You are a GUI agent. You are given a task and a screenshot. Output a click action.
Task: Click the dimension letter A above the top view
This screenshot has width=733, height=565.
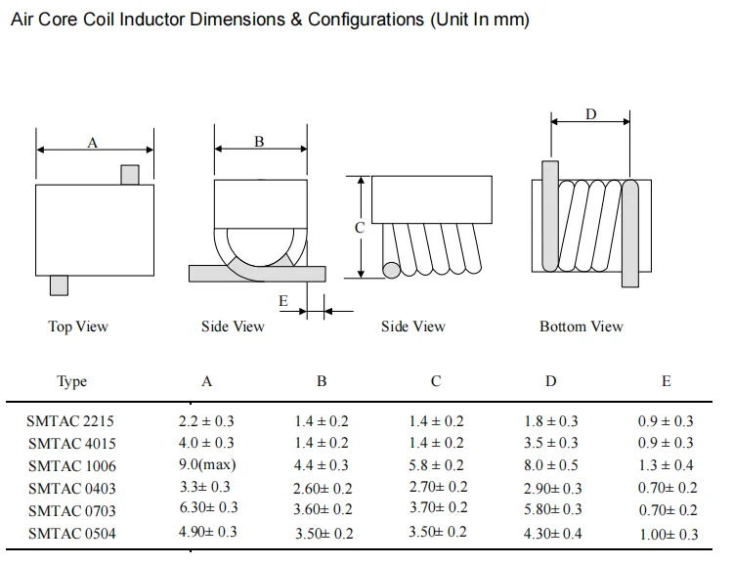(x=93, y=143)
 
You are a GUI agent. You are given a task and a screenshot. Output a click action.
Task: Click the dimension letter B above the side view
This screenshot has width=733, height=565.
(x=259, y=142)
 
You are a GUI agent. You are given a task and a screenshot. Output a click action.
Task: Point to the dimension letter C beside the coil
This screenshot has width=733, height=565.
(x=360, y=227)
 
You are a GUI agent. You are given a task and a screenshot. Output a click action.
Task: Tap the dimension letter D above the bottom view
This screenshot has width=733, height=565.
(x=590, y=114)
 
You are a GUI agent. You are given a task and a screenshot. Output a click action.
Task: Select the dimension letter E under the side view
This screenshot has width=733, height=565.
(x=283, y=301)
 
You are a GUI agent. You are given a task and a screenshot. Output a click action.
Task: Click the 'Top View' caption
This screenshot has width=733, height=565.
(x=78, y=326)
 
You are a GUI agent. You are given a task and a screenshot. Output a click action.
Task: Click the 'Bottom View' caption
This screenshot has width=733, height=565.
(x=581, y=326)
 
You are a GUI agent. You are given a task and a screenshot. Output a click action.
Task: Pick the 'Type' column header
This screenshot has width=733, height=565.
(x=71, y=382)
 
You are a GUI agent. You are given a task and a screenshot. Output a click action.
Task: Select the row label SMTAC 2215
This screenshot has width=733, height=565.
(x=70, y=422)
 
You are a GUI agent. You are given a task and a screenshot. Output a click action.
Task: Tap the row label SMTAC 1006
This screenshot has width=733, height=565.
(x=70, y=465)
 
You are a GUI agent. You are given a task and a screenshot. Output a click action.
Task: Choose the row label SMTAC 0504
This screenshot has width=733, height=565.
(x=70, y=532)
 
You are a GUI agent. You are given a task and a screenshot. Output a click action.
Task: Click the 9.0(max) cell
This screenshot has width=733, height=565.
(x=206, y=465)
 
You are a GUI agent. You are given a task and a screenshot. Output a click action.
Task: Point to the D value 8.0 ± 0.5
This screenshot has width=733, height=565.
(x=551, y=465)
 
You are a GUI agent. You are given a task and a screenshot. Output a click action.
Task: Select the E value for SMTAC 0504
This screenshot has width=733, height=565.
(x=668, y=534)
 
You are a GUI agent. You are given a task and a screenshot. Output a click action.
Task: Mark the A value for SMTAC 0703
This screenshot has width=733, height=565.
(x=206, y=507)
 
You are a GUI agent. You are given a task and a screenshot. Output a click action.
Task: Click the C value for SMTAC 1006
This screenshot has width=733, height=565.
(x=436, y=465)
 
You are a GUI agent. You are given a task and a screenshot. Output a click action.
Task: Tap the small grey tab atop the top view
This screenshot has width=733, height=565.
(x=129, y=174)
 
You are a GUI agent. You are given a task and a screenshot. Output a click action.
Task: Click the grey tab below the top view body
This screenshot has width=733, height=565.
(x=59, y=284)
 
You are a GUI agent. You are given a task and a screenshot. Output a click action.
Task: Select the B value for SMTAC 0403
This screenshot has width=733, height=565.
(x=323, y=488)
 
